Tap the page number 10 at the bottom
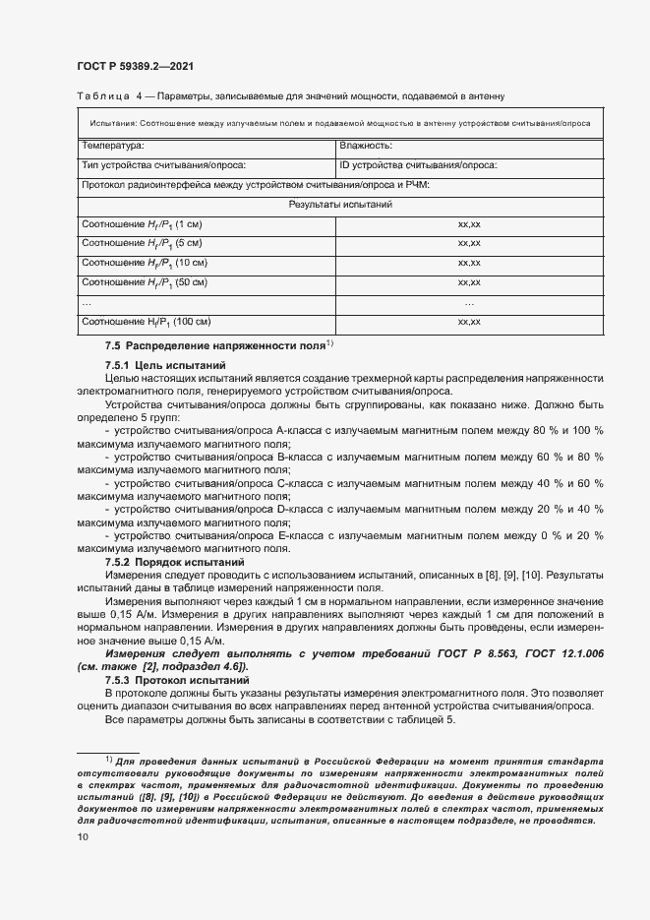[x=83, y=837]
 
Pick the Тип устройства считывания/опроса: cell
[x=163, y=165]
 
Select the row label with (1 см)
[x=141, y=224]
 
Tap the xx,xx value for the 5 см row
[x=469, y=243]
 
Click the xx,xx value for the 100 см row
[x=469, y=322]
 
